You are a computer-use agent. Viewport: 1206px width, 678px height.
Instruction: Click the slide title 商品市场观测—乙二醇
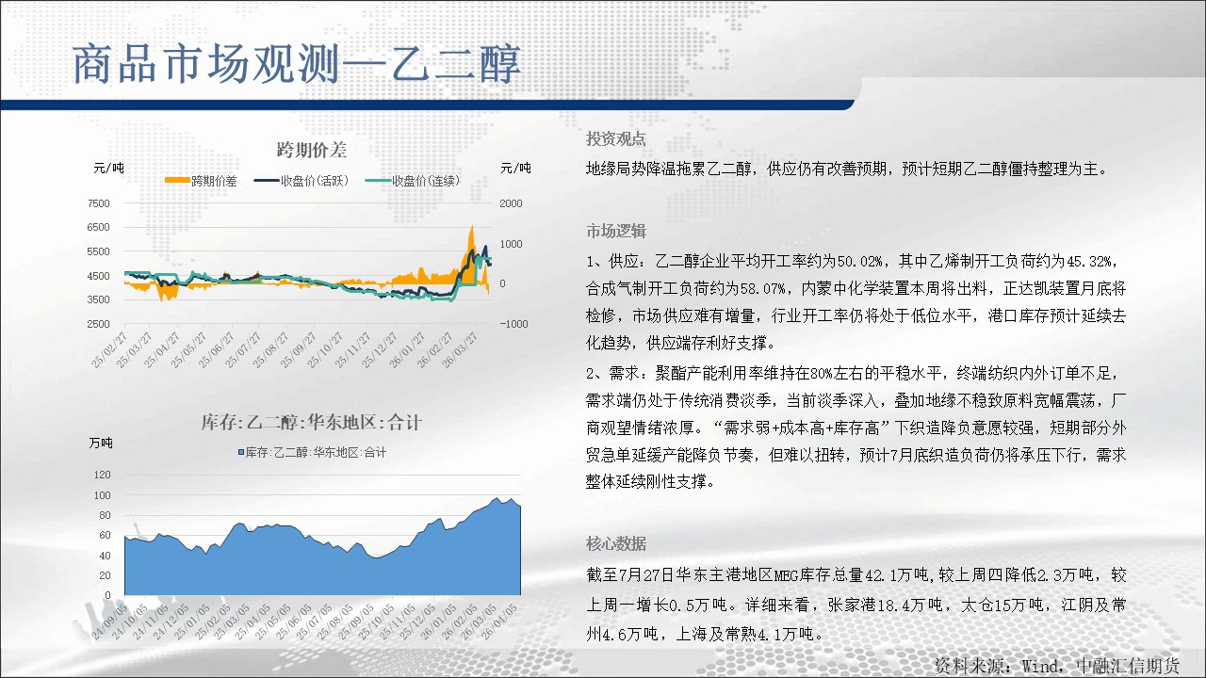[297, 64]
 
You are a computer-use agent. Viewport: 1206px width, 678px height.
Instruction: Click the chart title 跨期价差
[312, 150]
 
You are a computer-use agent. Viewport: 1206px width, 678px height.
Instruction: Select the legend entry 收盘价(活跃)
[301, 181]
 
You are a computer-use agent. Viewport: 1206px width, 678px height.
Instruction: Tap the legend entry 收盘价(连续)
[413, 181]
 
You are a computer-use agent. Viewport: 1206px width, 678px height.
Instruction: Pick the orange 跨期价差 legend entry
[201, 181]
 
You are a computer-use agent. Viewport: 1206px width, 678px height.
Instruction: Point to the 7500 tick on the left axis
[98, 203]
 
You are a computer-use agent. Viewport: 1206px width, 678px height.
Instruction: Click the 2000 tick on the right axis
[511, 203]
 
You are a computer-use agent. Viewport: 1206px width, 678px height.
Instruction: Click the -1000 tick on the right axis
[513, 324]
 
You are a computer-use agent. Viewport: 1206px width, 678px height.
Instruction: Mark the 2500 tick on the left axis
[98, 324]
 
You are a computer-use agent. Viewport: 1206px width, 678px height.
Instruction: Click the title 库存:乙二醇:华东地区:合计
[312, 423]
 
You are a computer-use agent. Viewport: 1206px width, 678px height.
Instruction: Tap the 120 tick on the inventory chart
[102, 475]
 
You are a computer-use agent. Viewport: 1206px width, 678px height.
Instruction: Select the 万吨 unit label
[101, 443]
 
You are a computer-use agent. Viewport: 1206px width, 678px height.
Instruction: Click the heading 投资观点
[616, 138]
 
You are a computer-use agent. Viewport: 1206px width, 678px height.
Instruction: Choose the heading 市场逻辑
[616, 231]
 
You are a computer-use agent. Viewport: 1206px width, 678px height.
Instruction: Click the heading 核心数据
[616, 544]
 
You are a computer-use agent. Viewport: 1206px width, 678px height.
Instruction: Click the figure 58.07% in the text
[763, 289]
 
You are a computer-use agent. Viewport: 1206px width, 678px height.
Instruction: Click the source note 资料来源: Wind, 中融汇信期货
[1057, 666]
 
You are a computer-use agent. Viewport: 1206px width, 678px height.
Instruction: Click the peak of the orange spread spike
[472, 226]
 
